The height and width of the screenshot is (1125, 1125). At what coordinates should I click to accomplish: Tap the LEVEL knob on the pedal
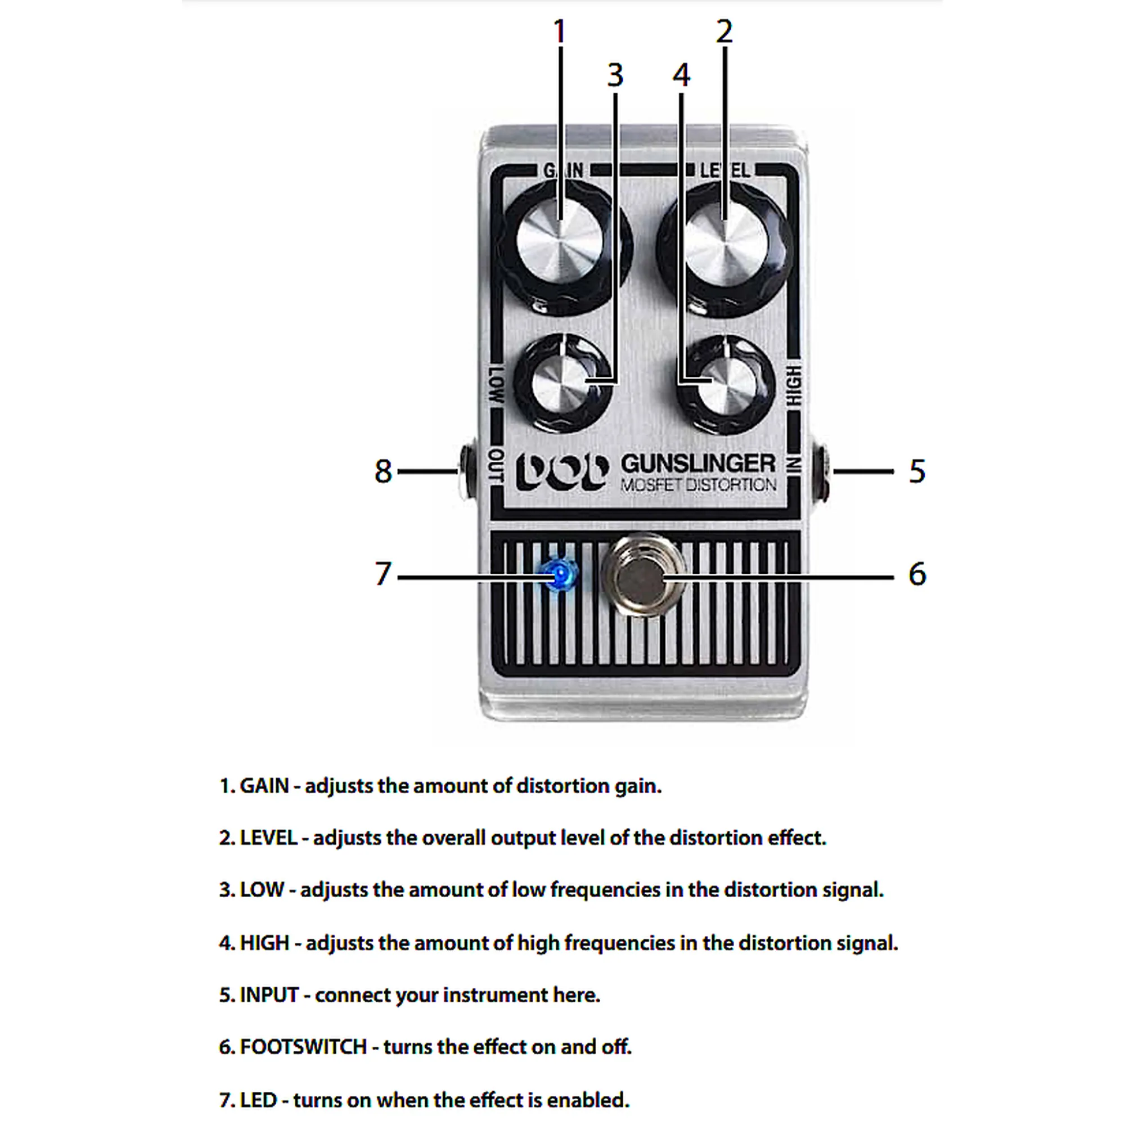(x=726, y=249)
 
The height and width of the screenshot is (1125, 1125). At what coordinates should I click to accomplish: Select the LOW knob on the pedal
(x=562, y=384)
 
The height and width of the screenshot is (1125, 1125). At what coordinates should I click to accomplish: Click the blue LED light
(x=560, y=576)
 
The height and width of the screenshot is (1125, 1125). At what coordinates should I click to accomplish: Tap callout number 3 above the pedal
(x=615, y=75)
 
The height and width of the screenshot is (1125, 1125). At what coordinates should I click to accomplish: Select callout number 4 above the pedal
(x=681, y=75)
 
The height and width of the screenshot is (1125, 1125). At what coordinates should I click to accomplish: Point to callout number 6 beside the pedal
(x=917, y=574)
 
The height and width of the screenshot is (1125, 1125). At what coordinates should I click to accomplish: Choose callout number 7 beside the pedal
(x=382, y=574)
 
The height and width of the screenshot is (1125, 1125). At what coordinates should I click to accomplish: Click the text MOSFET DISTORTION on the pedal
(x=699, y=485)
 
